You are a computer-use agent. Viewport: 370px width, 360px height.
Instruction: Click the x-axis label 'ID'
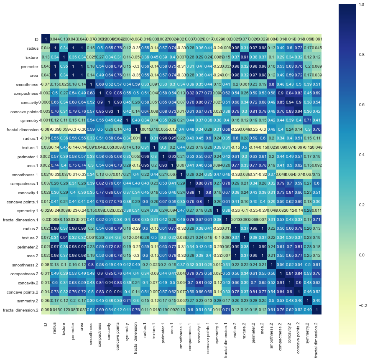point(45,324)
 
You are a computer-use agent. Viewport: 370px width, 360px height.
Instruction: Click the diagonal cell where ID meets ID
point(45,39)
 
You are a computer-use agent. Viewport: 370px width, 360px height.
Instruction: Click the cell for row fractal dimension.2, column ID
point(45,310)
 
